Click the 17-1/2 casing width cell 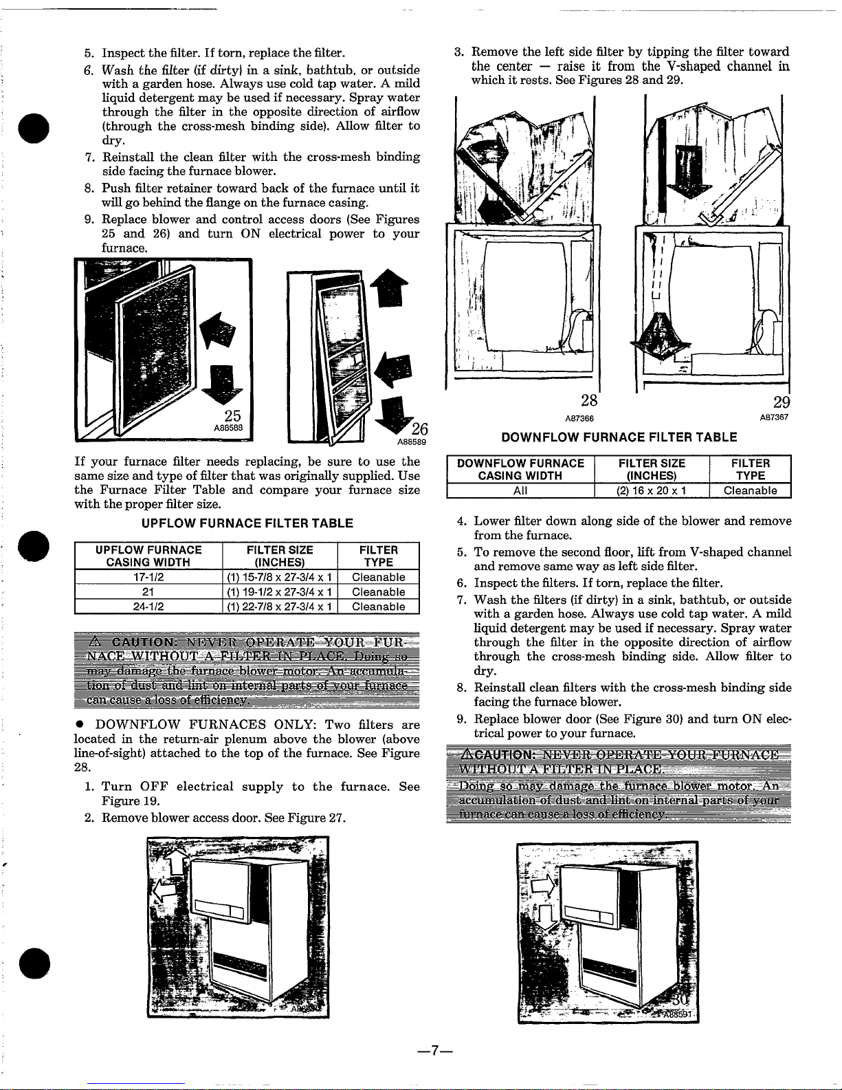click(x=148, y=577)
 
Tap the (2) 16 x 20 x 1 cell click(x=651, y=490)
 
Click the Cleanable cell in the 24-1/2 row click(x=378, y=607)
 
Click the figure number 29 click(x=781, y=403)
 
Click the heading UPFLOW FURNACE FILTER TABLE click(x=247, y=523)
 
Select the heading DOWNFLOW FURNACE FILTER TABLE click(x=619, y=437)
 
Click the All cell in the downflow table click(x=520, y=490)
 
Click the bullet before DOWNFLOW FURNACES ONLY click(x=80, y=725)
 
